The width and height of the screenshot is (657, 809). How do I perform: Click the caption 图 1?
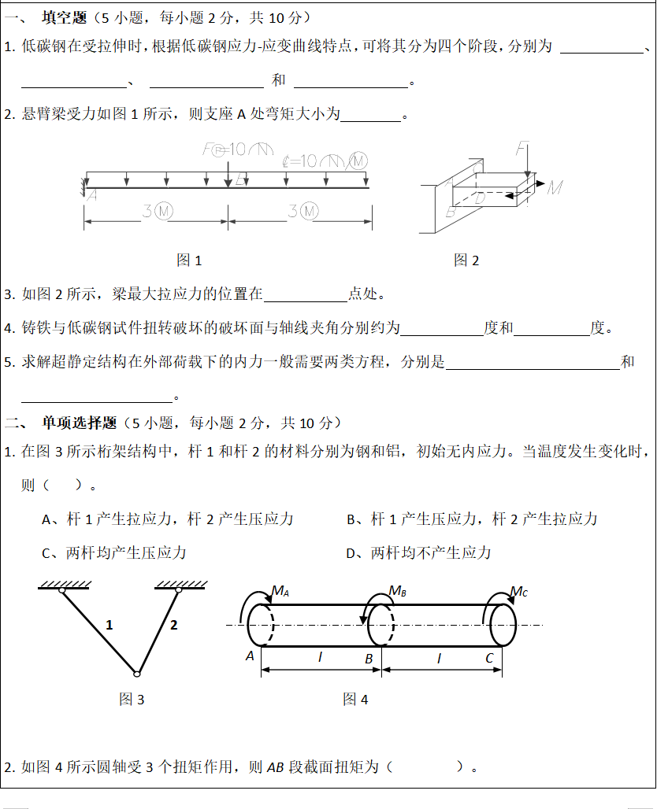coord(189,260)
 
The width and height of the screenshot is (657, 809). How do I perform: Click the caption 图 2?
coord(466,260)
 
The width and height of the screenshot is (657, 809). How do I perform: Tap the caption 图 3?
coord(132,699)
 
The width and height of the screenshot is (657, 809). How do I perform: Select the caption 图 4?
coord(355,699)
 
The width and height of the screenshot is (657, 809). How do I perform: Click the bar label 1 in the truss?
coord(109,625)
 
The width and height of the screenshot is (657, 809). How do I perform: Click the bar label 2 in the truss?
coord(174,625)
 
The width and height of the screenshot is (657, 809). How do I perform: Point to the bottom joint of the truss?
coord(136,673)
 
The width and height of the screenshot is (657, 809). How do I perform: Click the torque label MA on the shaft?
coord(280,591)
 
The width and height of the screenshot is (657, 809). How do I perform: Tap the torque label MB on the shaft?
coord(397,591)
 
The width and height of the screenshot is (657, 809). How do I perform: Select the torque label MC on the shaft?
coord(518,591)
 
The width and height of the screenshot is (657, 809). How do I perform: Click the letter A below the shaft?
coord(250,656)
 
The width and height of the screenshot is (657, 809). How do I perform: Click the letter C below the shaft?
coord(489,658)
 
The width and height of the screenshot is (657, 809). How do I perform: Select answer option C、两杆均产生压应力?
coord(114,553)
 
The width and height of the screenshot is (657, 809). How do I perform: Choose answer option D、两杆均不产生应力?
coord(419,553)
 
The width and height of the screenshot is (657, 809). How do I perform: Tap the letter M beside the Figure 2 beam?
coord(555,187)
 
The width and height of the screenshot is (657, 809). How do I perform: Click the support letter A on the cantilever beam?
coord(91,195)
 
